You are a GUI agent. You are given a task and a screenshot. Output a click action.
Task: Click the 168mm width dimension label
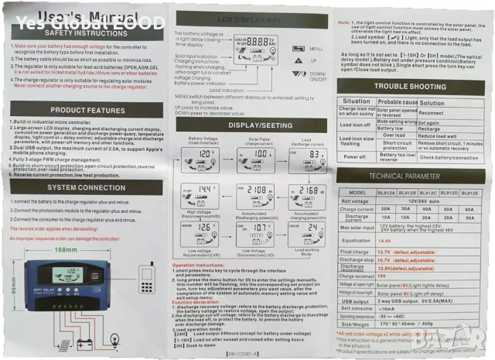click(x=64, y=228)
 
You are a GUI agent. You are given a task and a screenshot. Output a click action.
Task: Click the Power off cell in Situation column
click(x=356, y=156)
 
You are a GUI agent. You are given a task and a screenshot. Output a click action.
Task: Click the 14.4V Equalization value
click(x=384, y=242)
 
